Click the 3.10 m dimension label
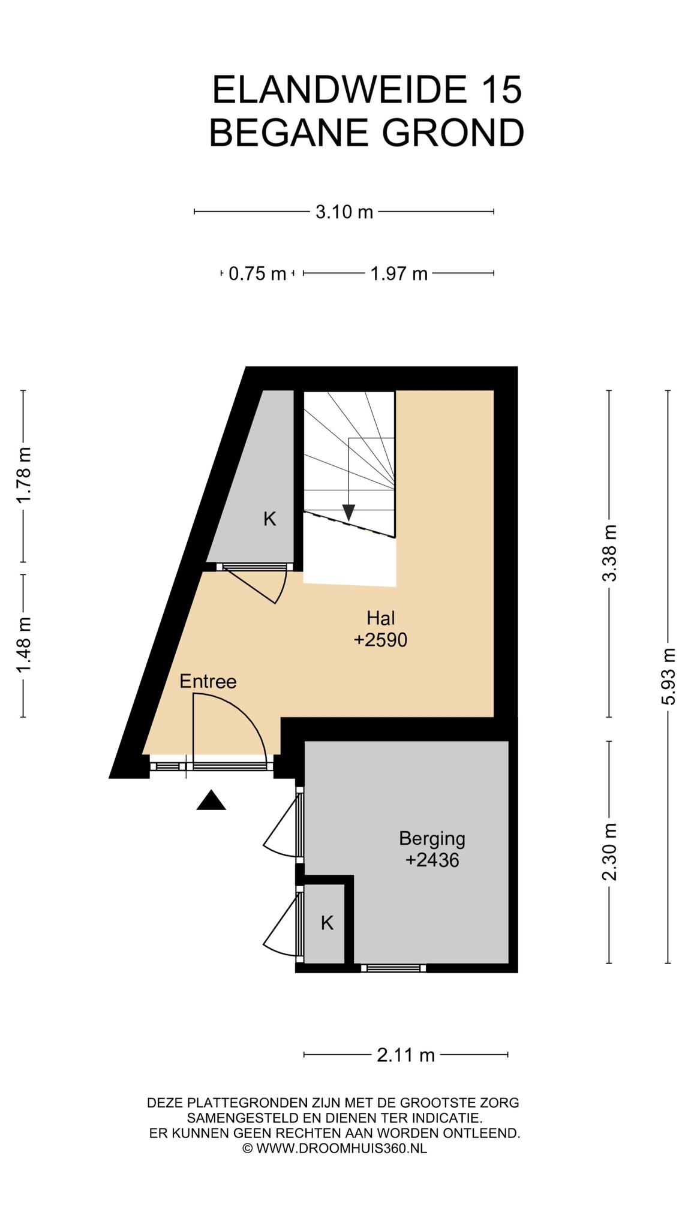coord(344,212)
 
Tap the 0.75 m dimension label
coord(257,274)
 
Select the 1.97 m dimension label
coord(399,274)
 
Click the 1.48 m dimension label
coord(23,645)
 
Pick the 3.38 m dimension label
coord(610,553)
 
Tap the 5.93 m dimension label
coord(669,676)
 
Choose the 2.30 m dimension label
coord(610,852)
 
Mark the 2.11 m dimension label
coord(405,1055)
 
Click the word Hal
coord(381,618)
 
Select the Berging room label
coord(432,839)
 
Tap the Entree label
coord(208,682)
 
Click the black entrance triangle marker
coord(211,800)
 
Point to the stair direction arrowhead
coord(348,513)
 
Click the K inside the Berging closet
coord(327,923)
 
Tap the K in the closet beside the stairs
coord(270,519)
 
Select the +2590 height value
coord(380,640)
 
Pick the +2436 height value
coord(432,860)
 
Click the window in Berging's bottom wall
coord(393,968)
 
